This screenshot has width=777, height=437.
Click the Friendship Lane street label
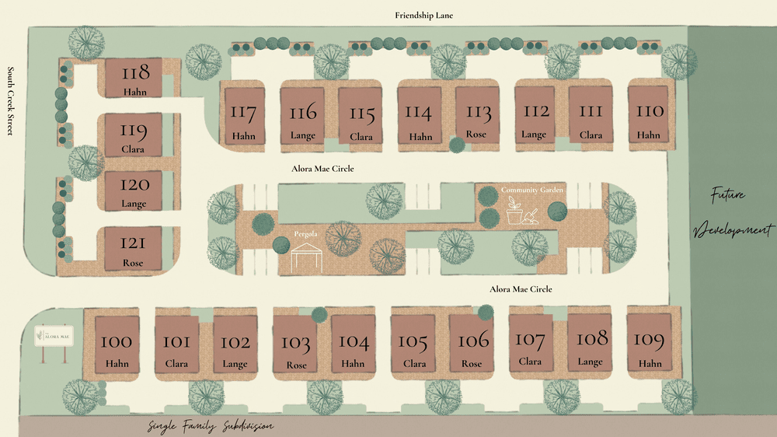click(423, 16)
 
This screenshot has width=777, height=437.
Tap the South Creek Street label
click(10, 101)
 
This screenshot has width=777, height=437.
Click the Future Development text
click(732, 212)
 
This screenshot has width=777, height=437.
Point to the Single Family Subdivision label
click(211, 427)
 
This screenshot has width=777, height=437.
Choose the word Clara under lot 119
click(134, 149)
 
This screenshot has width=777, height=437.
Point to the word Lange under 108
click(591, 362)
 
